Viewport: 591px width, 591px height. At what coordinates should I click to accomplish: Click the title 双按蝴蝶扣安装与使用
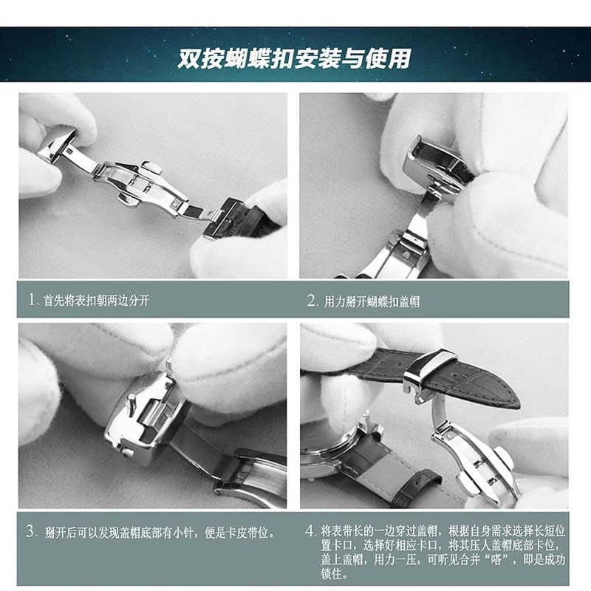(x=294, y=58)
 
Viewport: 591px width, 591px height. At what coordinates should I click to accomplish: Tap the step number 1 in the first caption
(x=32, y=301)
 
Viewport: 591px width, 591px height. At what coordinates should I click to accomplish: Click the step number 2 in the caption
(x=311, y=301)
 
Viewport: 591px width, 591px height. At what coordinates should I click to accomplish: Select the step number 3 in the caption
(x=31, y=531)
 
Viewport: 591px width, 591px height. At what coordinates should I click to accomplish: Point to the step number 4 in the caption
(x=310, y=531)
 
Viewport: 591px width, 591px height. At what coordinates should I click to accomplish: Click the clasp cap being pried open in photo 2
(x=436, y=159)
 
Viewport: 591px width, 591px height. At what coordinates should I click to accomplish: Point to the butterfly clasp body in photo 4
(x=473, y=458)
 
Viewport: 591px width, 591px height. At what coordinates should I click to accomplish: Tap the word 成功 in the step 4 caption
(x=554, y=559)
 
